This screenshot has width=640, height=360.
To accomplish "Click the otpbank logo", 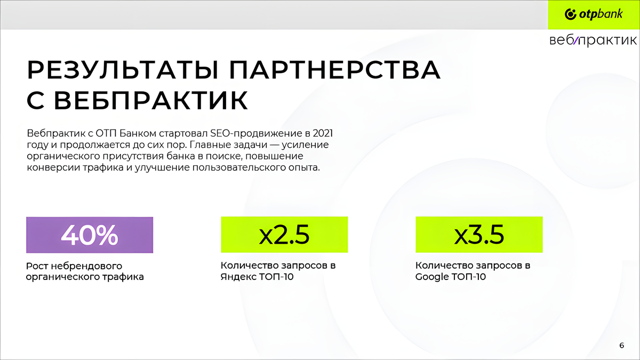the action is click(x=594, y=14).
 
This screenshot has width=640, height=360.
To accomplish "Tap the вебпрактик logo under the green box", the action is click(x=593, y=41).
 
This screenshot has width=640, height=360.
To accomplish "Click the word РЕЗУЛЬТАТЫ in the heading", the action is click(x=123, y=70).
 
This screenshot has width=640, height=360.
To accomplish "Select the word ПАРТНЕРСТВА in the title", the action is click(x=334, y=70).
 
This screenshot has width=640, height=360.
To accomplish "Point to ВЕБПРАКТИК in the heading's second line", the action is click(x=151, y=100).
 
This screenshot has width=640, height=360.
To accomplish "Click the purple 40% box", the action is click(x=90, y=235).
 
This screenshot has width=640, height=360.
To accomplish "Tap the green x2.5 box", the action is click(x=284, y=235).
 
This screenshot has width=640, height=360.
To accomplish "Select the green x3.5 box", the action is click(x=479, y=235).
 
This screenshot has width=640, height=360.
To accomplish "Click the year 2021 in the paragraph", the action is click(x=323, y=133).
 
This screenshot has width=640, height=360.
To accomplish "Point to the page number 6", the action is click(x=622, y=346).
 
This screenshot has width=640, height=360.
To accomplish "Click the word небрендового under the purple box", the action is click(x=86, y=266).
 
